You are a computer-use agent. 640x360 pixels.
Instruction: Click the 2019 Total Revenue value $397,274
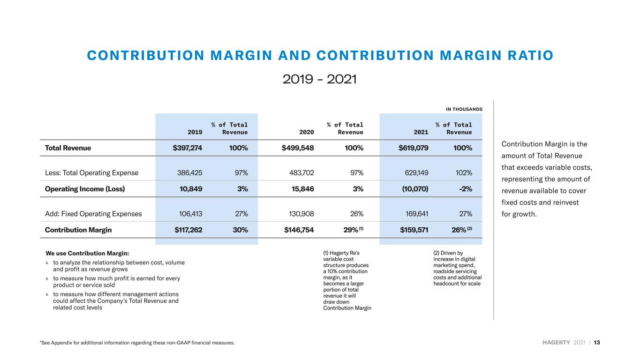click(187, 148)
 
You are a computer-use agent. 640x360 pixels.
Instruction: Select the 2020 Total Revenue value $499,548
click(298, 148)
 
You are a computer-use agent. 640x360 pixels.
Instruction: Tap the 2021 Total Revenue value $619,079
click(414, 148)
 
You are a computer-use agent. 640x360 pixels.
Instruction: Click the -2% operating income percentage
click(466, 189)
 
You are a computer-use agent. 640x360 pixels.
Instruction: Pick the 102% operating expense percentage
click(464, 173)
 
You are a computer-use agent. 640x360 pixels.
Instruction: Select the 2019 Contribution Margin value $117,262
click(188, 230)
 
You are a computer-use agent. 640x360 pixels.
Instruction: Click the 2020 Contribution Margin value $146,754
click(299, 230)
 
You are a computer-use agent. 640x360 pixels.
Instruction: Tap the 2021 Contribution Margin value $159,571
click(414, 230)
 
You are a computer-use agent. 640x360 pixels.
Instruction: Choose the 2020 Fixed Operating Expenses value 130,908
click(301, 214)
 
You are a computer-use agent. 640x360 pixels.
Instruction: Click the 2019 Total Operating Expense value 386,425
click(190, 173)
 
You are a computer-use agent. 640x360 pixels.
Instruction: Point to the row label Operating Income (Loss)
click(85, 189)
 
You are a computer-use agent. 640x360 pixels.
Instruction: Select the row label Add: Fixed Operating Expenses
click(93, 214)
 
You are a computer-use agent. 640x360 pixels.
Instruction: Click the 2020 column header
click(307, 132)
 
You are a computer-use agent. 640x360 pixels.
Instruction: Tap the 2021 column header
click(421, 132)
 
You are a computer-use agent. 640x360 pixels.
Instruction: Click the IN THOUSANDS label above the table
click(464, 109)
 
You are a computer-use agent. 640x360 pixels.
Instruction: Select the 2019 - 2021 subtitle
click(320, 79)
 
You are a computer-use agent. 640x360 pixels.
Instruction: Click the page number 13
click(597, 343)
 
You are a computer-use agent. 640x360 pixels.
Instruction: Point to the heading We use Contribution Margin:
click(87, 254)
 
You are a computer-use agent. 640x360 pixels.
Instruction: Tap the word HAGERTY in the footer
click(556, 343)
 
